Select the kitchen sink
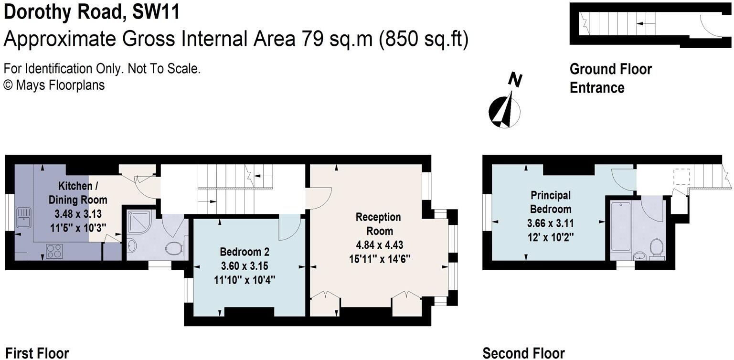click(x=22, y=218)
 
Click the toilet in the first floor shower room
click(x=174, y=248)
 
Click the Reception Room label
click(x=378, y=224)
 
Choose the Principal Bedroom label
click(x=550, y=202)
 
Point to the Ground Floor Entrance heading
click(x=610, y=78)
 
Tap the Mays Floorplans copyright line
click(x=54, y=85)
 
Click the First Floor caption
click(x=37, y=353)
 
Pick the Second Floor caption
click(x=523, y=353)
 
